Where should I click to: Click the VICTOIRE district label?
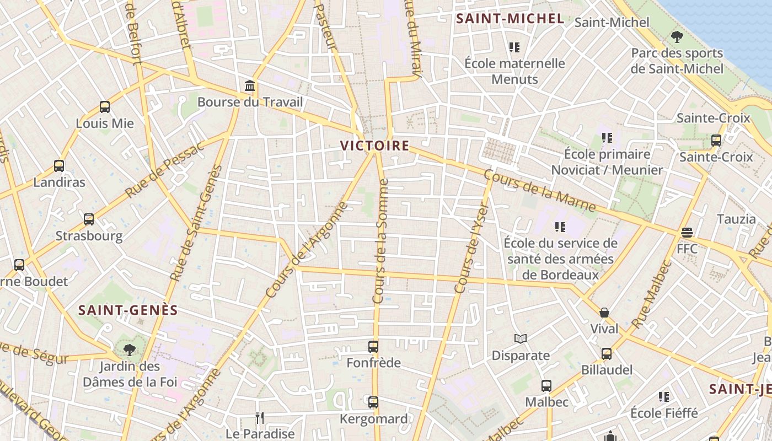point(374,146)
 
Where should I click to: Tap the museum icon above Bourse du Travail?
point(250,85)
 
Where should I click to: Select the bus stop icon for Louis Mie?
point(105,107)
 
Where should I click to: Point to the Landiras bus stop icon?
point(59,165)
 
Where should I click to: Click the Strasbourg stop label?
point(89,236)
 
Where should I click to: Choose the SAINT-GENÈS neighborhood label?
point(128,310)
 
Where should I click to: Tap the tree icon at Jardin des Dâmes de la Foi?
point(130,349)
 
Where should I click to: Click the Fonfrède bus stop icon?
point(373,347)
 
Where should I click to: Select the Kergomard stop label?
point(373,419)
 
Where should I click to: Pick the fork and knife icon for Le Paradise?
point(260,418)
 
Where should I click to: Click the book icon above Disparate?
point(521,339)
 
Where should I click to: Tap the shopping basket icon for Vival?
point(604,313)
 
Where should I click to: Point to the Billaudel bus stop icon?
point(607,353)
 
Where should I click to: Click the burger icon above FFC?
point(687,233)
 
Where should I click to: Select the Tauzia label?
point(736,219)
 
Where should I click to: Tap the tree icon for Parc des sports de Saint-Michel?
point(677,37)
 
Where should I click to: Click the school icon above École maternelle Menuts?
point(514,47)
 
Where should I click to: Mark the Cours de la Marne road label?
point(540,191)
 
